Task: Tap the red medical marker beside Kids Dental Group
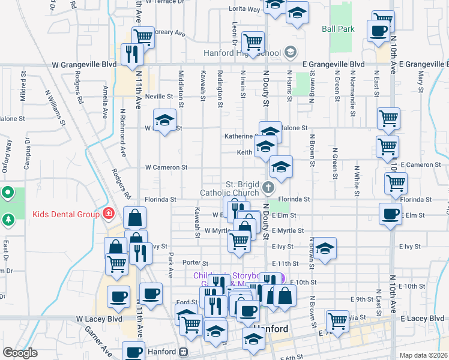click(108, 213)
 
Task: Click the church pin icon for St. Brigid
click(268, 188)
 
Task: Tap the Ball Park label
click(338, 29)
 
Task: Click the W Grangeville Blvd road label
click(83, 64)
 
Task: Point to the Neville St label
click(158, 96)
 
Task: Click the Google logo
click(20, 353)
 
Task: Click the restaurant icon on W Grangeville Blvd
click(131, 55)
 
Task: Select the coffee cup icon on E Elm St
click(390, 214)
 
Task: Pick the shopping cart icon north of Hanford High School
click(253, 41)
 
